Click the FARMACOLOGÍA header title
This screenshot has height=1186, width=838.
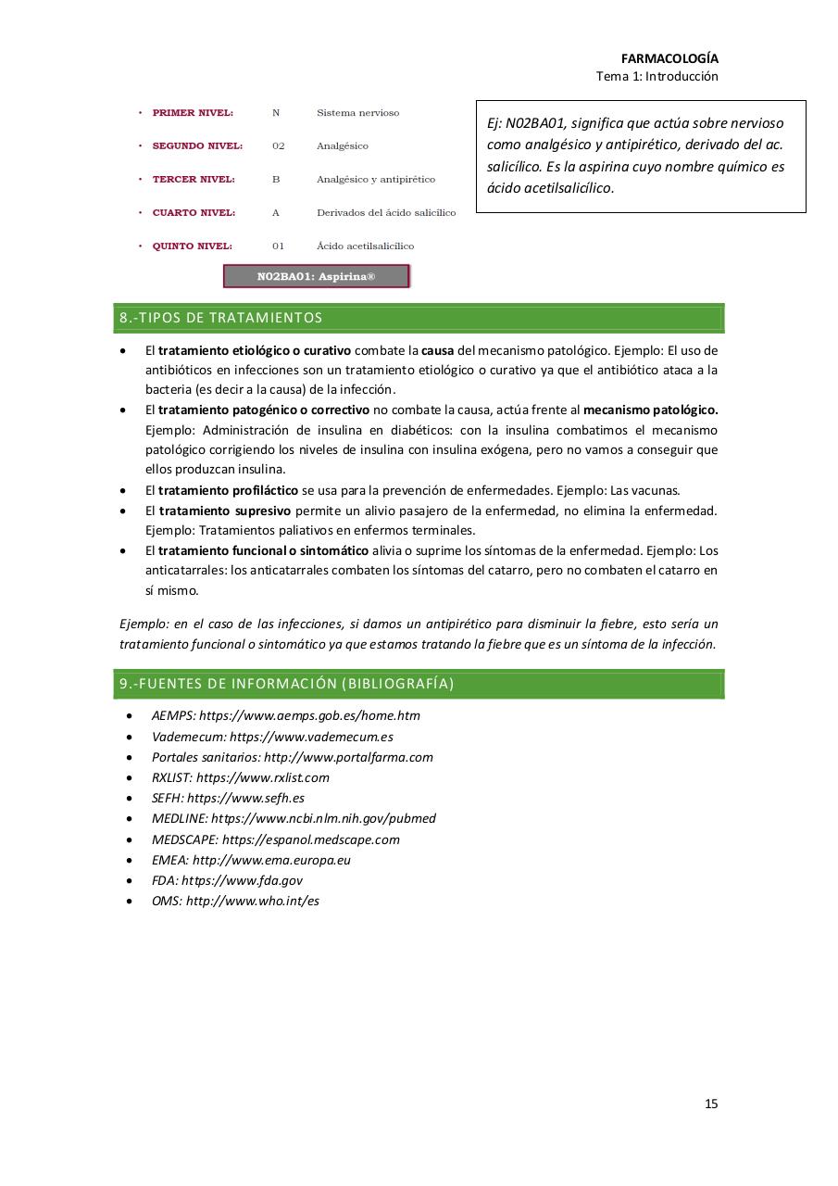[669, 57]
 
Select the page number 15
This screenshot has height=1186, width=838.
[710, 1104]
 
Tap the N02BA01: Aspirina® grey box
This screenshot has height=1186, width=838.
[316, 276]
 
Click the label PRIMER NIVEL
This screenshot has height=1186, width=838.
[193, 113]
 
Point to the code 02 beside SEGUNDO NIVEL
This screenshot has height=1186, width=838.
[278, 146]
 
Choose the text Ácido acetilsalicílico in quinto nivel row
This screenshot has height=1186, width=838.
[365, 246]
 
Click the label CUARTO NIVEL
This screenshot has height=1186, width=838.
[194, 213]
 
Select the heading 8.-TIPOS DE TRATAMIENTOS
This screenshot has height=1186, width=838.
[221, 318]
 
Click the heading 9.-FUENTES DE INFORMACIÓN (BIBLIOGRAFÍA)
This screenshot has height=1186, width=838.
[287, 684]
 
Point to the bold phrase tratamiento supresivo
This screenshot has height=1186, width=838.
[224, 511]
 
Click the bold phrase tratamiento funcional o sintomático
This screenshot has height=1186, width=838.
[263, 550]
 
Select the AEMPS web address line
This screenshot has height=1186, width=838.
[285, 715]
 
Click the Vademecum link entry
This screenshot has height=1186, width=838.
[272, 737]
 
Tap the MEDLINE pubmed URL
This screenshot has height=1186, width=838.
[294, 818]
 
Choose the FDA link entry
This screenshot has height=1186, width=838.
[227, 880]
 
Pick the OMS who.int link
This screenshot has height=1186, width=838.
[235, 901]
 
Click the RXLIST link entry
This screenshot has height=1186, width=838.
[240, 777]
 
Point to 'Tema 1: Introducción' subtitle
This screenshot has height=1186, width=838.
[657, 77]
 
